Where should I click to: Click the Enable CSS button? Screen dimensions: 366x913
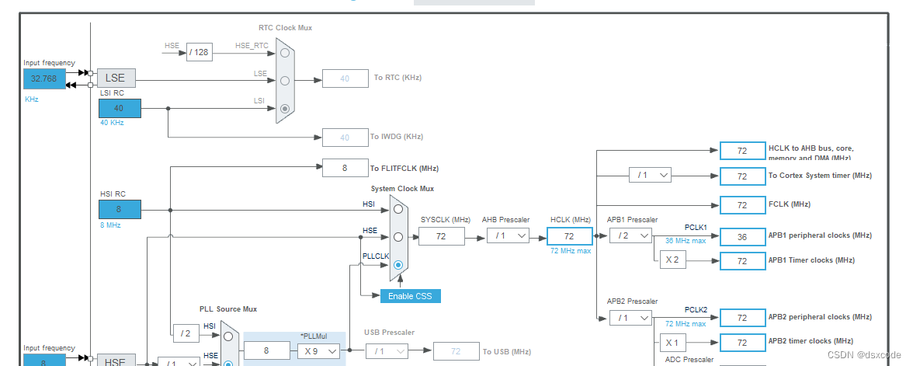pyautogui.click(x=411, y=296)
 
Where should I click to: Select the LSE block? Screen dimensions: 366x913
pyautogui.click(x=116, y=78)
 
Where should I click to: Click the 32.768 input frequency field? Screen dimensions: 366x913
pyautogui.click(x=44, y=79)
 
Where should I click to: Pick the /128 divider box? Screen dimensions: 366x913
pyautogui.click(x=200, y=52)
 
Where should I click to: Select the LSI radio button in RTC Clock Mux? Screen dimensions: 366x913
pyautogui.click(x=286, y=109)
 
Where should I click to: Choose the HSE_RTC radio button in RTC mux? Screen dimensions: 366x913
pyautogui.click(x=286, y=52)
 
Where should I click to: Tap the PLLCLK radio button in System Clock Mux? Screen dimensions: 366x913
pyautogui.click(x=398, y=265)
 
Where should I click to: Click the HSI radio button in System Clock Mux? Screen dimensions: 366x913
pyautogui.click(x=398, y=208)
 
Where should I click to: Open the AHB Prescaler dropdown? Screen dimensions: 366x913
pyautogui.click(x=509, y=235)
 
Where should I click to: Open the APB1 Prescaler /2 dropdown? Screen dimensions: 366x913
pyautogui.click(x=630, y=235)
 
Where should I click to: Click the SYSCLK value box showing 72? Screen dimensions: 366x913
pyautogui.click(x=441, y=235)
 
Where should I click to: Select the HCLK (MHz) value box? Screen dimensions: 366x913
pyautogui.click(x=569, y=235)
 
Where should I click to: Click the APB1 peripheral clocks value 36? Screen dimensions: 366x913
pyautogui.click(x=742, y=237)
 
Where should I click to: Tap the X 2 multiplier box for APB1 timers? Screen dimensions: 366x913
pyautogui.click(x=673, y=260)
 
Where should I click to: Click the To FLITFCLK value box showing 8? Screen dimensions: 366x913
pyautogui.click(x=345, y=168)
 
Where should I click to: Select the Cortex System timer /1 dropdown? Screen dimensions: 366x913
pyautogui.click(x=650, y=176)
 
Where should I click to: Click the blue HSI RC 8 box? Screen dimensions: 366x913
pyautogui.click(x=120, y=209)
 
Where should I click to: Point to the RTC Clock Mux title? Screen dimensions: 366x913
pyautogui.click(x=285, y=28)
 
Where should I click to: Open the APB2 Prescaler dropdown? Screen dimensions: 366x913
pyautogui.click(x=630, y=317)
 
